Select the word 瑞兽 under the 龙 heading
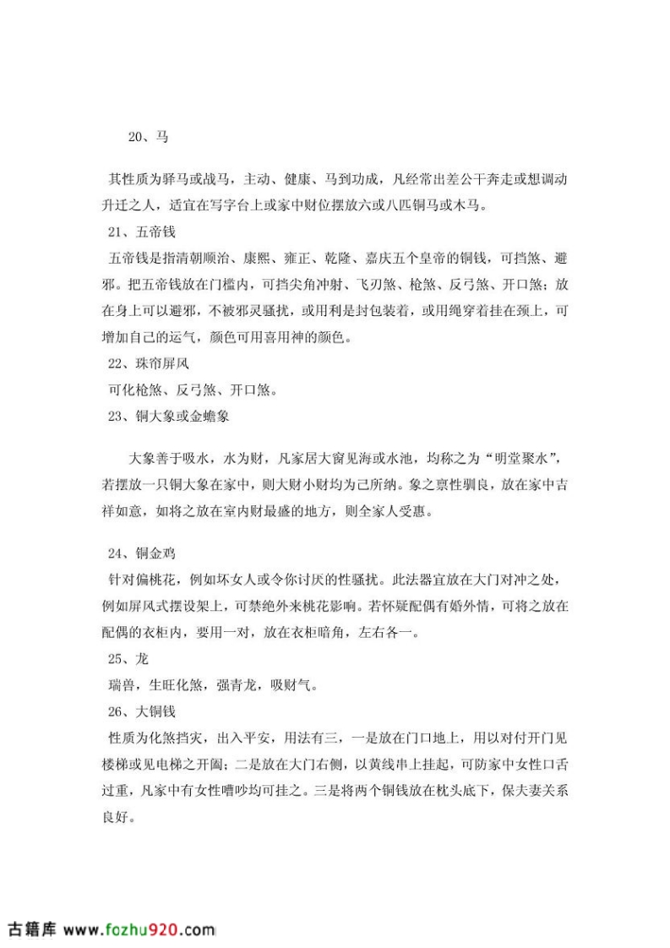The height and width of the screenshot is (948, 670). [123, 685]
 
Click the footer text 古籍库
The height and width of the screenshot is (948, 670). [30, 929]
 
